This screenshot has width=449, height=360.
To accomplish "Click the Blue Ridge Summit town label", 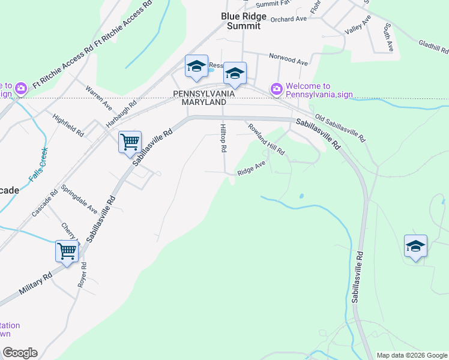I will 244,22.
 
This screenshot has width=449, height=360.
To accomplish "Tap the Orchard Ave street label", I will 288,19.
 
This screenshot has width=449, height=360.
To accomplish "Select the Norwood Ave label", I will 288,61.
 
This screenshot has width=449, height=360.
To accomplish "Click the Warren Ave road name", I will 99,97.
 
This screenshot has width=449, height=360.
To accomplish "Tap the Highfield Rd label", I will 68,125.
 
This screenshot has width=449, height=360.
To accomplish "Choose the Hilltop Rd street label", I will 223,137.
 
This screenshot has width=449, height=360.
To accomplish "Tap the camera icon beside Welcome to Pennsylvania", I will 277,89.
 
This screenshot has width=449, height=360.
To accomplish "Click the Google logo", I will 19,353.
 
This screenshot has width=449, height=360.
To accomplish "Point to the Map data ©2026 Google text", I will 411,355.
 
